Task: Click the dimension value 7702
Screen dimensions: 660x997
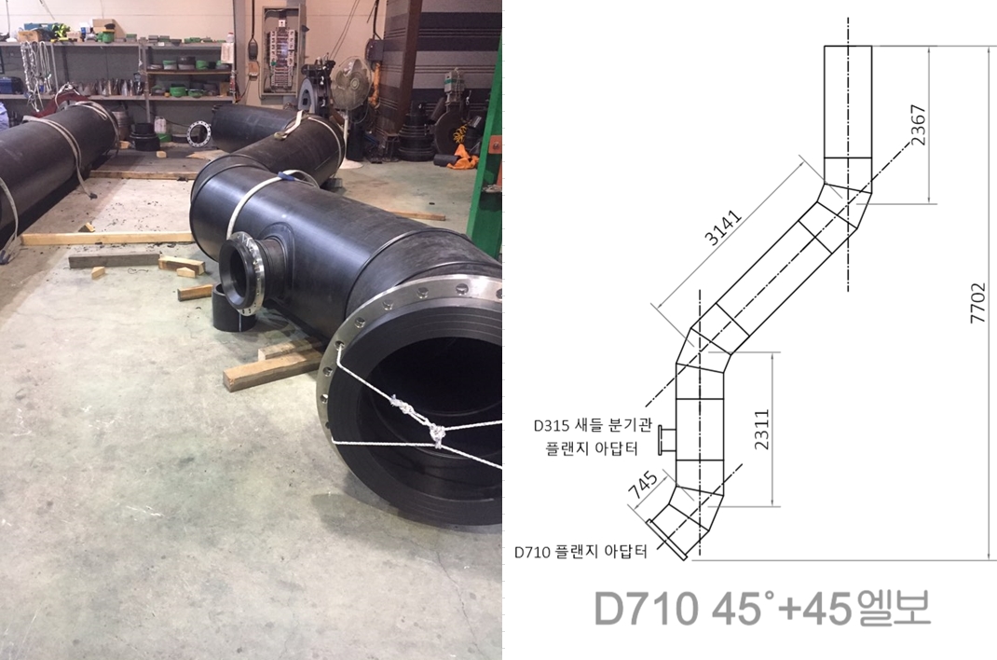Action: tap(977, 304)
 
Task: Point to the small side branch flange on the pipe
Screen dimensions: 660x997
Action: tap(243, 272)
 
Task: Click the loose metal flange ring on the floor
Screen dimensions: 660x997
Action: tap(198, 133)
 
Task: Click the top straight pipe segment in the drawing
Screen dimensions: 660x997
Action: tap(848, 103)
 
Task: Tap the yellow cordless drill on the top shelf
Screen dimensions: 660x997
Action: tap(61, 32)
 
